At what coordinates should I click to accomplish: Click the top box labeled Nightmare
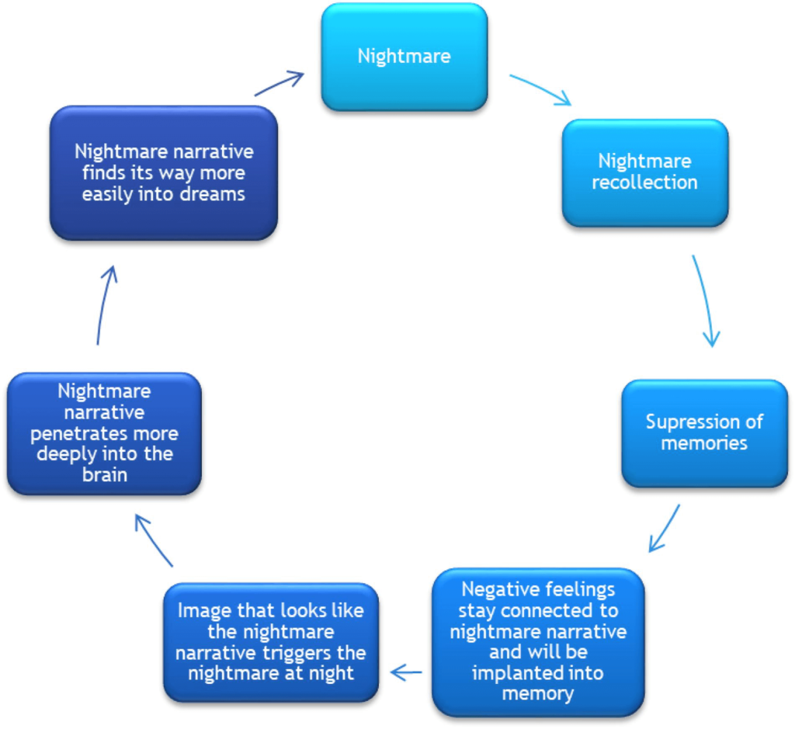404,57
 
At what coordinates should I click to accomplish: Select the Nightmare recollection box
644,172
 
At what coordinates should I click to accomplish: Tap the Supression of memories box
704,433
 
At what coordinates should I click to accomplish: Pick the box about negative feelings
538,641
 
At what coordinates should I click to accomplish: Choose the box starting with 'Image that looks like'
271,642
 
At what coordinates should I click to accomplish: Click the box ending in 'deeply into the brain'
105,433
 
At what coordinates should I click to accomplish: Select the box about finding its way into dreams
164,172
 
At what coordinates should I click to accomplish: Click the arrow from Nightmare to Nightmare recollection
540,89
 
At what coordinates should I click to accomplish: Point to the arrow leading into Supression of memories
703,300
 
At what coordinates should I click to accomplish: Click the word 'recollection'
644,183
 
